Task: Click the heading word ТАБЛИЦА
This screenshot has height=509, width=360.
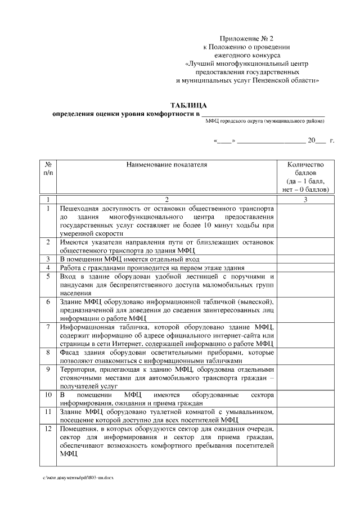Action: [188, 105]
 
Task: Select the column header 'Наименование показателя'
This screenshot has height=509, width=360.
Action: [166, 165]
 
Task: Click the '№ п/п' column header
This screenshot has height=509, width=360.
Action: [48, 169]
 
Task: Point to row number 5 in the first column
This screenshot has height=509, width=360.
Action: [48, 277]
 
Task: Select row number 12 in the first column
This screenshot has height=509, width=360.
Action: [48, 429]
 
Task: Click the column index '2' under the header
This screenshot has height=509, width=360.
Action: [166, 199]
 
